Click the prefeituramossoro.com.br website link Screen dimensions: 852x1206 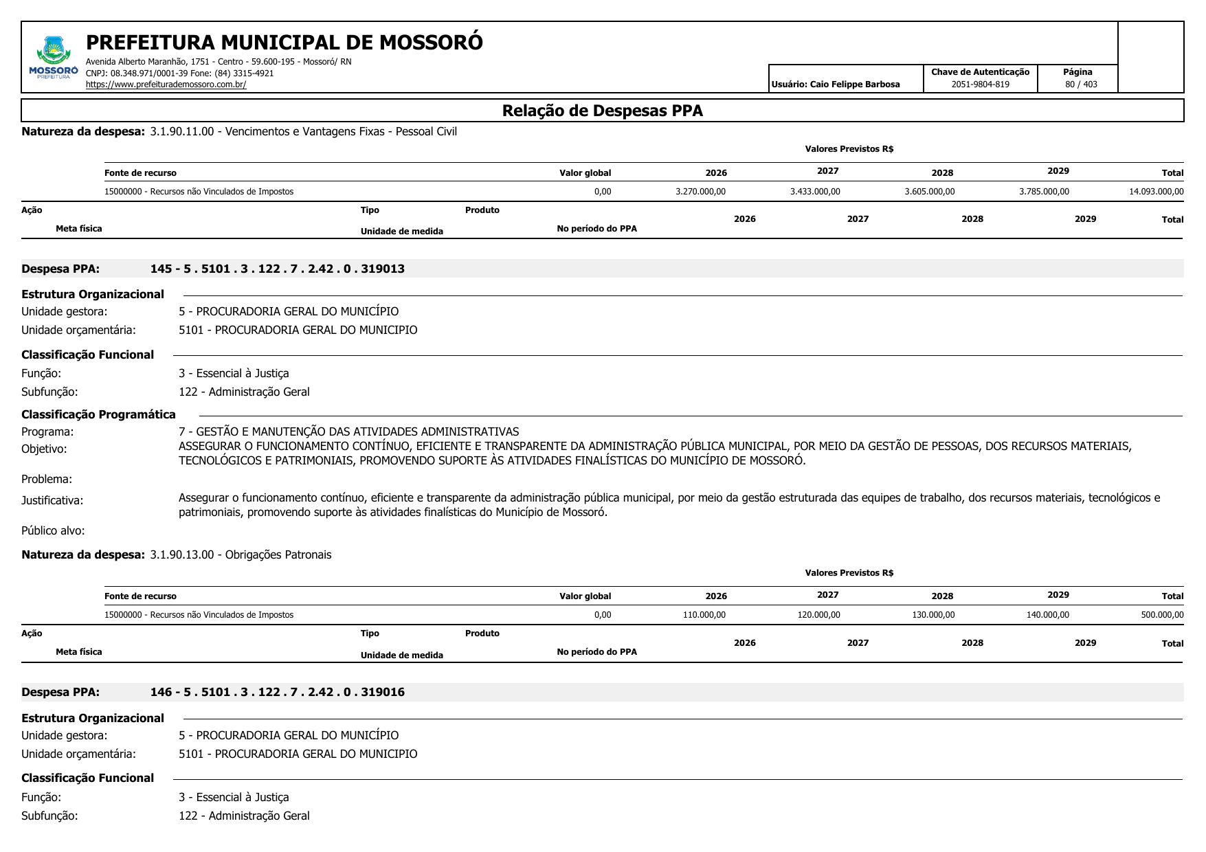pos(166,85)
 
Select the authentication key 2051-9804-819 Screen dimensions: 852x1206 pos(980,85)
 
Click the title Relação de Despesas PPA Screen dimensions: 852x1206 pos(602,111)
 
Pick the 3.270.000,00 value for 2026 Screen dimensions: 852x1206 pos(700,192)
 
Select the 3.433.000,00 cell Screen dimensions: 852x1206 pos(815,192)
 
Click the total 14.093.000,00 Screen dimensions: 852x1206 pos(1156,192)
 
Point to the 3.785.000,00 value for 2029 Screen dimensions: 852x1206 pos(1044,192)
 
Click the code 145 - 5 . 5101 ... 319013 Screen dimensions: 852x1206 pos(277,269)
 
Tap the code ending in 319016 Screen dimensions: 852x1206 pos(277,692)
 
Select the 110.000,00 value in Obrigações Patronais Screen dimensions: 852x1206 pos(704,615)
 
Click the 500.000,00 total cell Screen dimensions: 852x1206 pos(1162,615)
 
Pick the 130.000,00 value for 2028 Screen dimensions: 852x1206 pos(933,615)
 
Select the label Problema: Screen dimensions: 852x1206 pos(47,479)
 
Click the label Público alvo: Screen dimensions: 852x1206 pos(53,530)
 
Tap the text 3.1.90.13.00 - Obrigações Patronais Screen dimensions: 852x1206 pos(241,554)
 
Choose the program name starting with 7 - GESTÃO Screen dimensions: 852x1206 pos(348,431)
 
